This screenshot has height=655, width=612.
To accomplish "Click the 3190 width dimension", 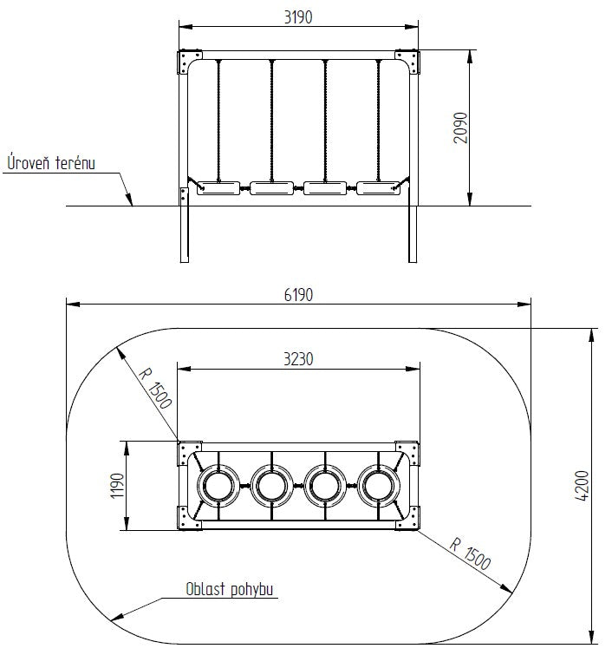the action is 298,17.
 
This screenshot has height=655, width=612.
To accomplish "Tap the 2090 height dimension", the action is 460,128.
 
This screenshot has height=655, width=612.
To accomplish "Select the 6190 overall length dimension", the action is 298,295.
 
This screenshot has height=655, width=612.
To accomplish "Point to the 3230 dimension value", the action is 298,359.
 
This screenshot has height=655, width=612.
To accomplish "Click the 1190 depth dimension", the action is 117,486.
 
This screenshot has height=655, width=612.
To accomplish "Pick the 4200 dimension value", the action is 582,486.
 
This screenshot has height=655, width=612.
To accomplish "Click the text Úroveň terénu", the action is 51,162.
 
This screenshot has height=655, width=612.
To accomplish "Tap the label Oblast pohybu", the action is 229,589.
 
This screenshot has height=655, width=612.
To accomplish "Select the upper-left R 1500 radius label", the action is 154,388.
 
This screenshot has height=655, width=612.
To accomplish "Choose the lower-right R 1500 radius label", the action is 470,553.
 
